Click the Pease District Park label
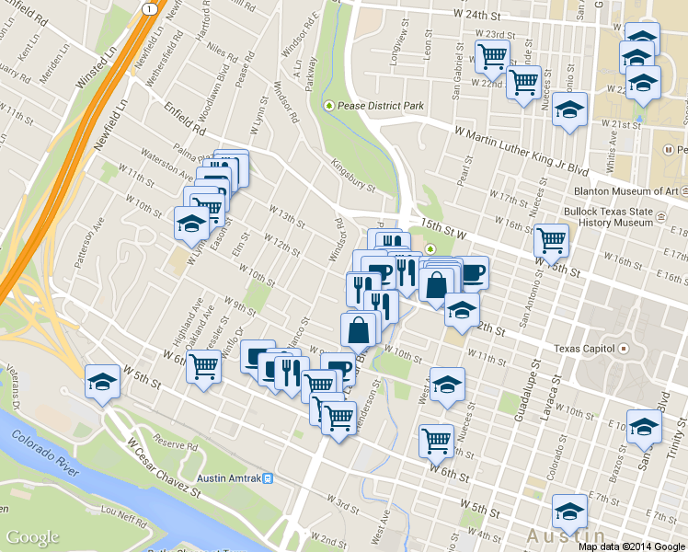pyautogui.click(x=380, y=106)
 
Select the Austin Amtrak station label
pyautogui.click(x=229, y=478)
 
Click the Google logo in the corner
pyautogui.click(x=32, y=537)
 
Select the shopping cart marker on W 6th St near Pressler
pyautogui.click(x=204, y=368)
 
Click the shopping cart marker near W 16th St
pyautogui.click(x=551, y=240)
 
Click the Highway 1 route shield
pyautogui.click(x=147, y=7)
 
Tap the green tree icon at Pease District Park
pyautogui.click(x=330, y=106)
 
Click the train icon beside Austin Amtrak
pyautogui.click(x=268, y=478)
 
